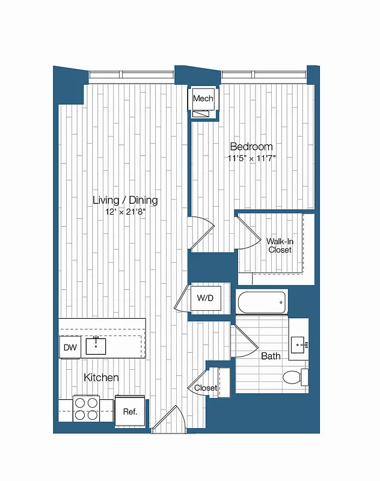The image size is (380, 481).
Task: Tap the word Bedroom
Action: tap(252, 147)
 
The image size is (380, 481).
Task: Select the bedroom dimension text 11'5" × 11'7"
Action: tap(252, 158)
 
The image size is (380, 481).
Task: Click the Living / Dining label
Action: tap(125, 200)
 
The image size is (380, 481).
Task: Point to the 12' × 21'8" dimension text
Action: tap(125, 212)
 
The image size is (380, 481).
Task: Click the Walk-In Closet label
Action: tap(280, 245)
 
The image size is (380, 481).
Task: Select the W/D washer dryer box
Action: tap(204, 297)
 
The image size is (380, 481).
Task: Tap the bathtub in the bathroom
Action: tap(262, 302)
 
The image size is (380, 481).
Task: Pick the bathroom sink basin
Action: tap(299, 345)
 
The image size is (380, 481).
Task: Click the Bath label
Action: tap(271, 357)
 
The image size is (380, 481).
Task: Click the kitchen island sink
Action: tap(96, 346)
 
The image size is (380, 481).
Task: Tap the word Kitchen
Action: tap(101, 378)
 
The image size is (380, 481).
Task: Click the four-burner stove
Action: tap(86, 408)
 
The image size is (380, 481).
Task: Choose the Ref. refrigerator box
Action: tap(130, 412)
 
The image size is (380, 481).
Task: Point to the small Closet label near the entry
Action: tap(206, 388)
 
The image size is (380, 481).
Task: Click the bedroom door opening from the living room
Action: tap(201, 231)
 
